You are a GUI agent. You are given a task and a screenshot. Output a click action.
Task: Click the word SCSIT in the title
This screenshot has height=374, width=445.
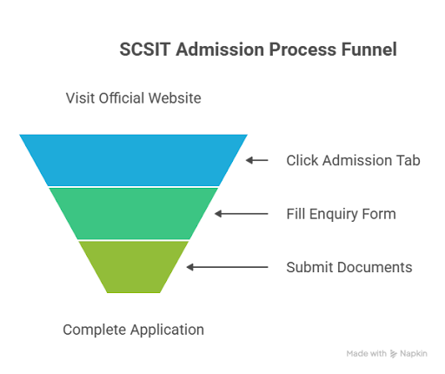pyautogui.click(x=144, y=50)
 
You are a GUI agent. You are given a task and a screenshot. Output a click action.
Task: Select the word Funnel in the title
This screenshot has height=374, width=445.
pyautogui.click(x=369, y=50)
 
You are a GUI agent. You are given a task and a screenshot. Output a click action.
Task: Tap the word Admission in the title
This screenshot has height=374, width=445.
pyautogui.click(x=220, y=50)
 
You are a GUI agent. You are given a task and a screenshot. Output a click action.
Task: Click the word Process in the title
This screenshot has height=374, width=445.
pyautogui.click(x=302, y=50)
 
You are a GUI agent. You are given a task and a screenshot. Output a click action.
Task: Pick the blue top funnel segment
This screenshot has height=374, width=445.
pyautogui.click(x=133, y=160)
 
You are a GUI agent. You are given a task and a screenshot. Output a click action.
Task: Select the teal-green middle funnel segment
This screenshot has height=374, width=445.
pyautogui.click(x=133, y=214)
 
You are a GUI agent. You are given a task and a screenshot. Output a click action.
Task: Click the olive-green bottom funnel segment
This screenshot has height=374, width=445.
pyautogui.click(x=133, y=267)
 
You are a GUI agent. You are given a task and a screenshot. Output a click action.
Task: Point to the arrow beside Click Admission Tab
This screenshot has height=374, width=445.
pyautogui.click(x=257, y=160)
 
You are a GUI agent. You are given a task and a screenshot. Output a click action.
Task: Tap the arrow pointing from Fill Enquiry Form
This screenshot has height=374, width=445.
pyautogui.click(x=242, y=214)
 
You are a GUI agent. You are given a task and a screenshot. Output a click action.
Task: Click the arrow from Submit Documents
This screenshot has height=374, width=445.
pyautogui.click(x=227, y=267)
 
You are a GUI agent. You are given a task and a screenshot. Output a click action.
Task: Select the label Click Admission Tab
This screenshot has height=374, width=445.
pyautogui.click(x=353, y=160)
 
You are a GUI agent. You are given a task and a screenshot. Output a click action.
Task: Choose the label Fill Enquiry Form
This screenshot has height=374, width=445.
pyautogui.click(x=341, y=214)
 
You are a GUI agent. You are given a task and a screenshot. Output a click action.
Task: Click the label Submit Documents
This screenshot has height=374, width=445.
pyautogui.click(x=349, y=267)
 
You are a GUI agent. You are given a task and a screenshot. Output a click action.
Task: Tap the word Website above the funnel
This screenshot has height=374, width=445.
pyautogui.click(x=175, y=98)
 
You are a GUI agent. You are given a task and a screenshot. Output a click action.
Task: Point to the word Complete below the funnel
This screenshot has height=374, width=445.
pyautogui.click(x=95, y=330)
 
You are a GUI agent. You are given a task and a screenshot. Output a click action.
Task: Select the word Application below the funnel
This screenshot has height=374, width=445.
pyautogui.click(x=167, y=330)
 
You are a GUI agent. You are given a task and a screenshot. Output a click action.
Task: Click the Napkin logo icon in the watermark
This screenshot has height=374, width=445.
pyautogui.click(x=393, y=354)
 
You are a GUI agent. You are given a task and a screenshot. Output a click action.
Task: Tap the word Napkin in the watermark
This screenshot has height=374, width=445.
pyautogui.click(x=414, y=354)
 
